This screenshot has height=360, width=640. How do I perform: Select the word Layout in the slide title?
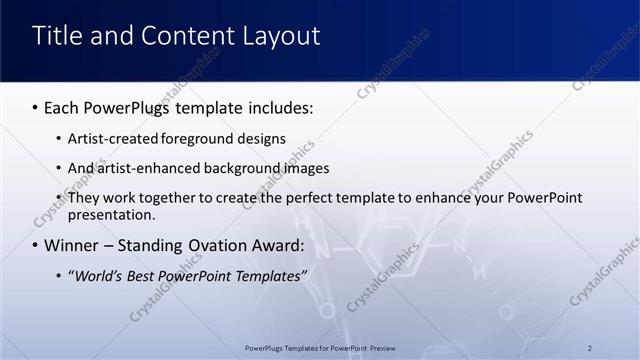[282, 37]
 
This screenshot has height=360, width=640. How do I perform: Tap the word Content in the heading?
[190, 36]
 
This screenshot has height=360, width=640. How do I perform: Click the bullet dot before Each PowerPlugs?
[36, 106]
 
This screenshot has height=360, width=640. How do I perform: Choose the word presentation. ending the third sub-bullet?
[111, 214]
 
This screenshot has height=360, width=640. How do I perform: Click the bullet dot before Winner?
[36, 246]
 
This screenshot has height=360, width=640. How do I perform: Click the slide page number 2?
[590, 348]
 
